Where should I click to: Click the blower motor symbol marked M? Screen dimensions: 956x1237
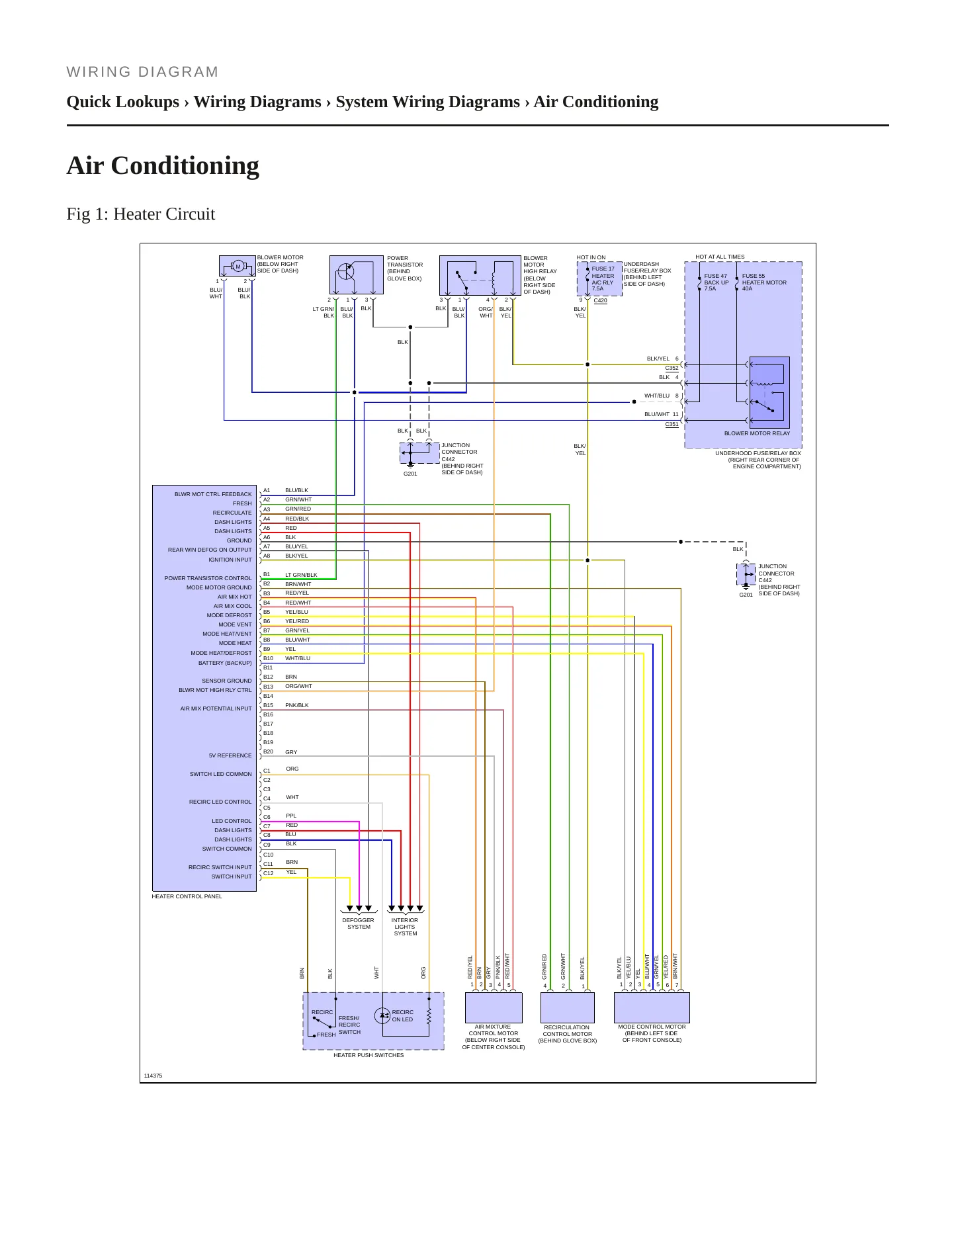point(238,267)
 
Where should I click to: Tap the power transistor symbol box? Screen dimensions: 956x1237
point(356,275)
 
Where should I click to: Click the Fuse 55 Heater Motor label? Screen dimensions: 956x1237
point(764,282)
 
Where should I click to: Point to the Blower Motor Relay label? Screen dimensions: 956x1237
point(757,433)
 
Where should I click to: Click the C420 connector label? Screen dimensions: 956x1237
point(600,300)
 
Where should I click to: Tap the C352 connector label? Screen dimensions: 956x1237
point(672,368)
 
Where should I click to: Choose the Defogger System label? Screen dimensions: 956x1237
point(358,923)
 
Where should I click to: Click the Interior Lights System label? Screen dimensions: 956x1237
point(405,927)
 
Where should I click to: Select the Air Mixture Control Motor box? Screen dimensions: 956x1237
point(494,1007)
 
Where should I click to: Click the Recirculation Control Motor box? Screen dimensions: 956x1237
point(568,1007)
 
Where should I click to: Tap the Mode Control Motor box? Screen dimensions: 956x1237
point(652,1007)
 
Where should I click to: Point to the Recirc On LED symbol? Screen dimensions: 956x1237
point(382,1015)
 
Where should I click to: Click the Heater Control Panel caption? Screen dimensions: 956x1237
point(187,896)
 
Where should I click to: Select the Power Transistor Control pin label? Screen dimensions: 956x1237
point(208,578)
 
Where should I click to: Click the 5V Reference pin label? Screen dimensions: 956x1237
point(230,755)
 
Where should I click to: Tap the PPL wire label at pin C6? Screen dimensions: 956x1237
point(291,816)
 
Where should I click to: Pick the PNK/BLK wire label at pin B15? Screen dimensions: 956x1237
point(297,705)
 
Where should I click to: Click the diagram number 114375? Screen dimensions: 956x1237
point(153,1076)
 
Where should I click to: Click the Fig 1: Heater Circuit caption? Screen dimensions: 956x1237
point(141,214)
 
